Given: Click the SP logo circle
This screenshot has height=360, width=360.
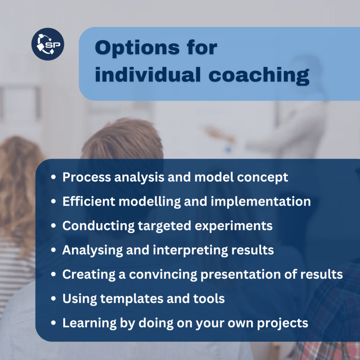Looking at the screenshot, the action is point(48,44).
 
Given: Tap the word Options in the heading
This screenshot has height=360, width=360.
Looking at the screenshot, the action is point(137,48).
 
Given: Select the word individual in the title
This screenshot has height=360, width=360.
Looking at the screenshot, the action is point(148,75).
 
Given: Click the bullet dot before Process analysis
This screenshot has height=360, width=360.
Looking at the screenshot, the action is point(53,177).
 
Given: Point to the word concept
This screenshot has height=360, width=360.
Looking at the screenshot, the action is point(262,178).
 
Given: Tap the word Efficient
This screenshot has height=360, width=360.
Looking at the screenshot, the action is point(89,201).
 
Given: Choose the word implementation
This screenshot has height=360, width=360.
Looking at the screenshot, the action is point(261,202).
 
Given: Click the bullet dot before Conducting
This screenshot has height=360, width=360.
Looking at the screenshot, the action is point(53,225).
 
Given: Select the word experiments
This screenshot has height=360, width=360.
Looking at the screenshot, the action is point(233,226).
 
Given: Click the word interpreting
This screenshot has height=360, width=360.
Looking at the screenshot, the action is point(190,250).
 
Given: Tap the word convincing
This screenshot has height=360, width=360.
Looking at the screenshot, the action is point(163,275).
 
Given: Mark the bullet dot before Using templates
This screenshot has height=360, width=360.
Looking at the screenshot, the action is point(53,298).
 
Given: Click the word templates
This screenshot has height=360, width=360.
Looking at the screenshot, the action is point(131,299).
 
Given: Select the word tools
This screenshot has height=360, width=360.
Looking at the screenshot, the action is point(209,299).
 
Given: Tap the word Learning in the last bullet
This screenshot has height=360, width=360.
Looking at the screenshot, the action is point(90,323).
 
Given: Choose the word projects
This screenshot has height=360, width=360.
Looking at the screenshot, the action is point(283,323).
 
